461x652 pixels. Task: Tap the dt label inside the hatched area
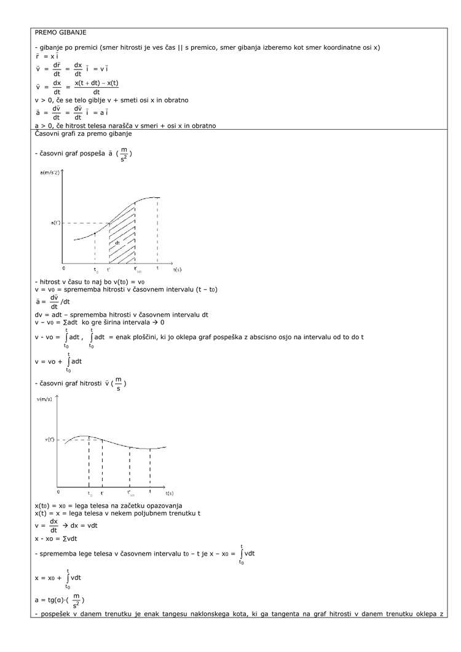[x=117, y=242]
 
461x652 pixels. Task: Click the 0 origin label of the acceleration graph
[x=63, y=269]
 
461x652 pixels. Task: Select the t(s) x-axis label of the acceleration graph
[x=177, y=269]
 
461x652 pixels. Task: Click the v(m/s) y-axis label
[x=46, y=399]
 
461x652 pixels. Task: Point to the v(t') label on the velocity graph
[x=51, y=439]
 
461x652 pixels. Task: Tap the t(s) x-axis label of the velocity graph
[x=169, y=493]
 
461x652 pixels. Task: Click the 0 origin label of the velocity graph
[x=58, y=492]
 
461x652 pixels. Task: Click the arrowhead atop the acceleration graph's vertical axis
[x=61, y=171]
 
